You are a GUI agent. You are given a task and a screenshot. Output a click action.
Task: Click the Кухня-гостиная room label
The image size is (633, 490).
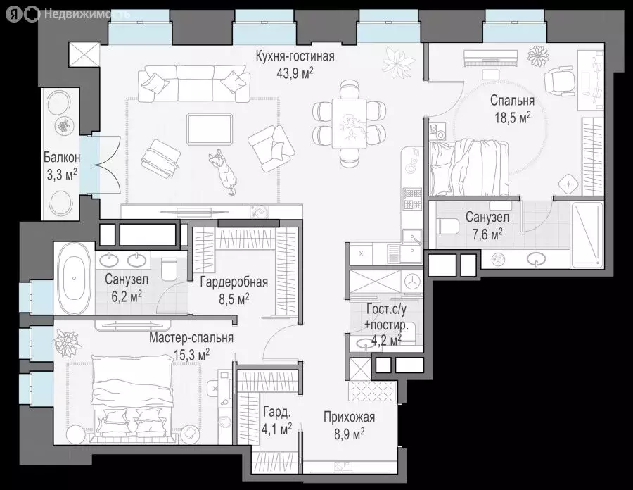pos(295,56)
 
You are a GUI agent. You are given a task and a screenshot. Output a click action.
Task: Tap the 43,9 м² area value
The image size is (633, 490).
pos(295,73)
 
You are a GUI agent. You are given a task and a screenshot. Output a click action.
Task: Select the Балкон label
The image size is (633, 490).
pos(62,157)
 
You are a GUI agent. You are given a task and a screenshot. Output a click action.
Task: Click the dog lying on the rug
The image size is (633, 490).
pos(223,172)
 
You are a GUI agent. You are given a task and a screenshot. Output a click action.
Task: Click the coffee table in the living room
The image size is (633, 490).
pos(210,129)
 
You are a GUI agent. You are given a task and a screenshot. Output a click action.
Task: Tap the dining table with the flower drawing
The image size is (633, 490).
pos(349,124)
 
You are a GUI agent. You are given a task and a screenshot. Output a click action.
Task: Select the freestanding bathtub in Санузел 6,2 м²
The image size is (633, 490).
pos(75,278)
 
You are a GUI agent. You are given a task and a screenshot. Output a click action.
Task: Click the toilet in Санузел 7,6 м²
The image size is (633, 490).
pos(449,226)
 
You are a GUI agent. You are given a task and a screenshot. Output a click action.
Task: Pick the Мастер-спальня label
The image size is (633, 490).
pos(191,338)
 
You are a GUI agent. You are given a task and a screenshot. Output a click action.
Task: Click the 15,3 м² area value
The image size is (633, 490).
pos(191,355)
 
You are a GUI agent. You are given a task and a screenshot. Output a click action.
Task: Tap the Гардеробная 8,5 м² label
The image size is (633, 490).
pos(234,289)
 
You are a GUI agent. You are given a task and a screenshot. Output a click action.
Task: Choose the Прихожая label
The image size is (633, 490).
pos(349,417)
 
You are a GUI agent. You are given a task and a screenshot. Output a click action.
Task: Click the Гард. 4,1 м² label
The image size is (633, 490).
pos(276,420)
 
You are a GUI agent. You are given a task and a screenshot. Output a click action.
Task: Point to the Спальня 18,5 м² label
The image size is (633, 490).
pos(512,108)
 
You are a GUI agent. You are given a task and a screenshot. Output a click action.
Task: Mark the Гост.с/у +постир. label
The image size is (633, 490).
pos(386,325)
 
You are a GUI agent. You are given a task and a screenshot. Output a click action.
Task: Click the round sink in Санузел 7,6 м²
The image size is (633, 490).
pos(537,258)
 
